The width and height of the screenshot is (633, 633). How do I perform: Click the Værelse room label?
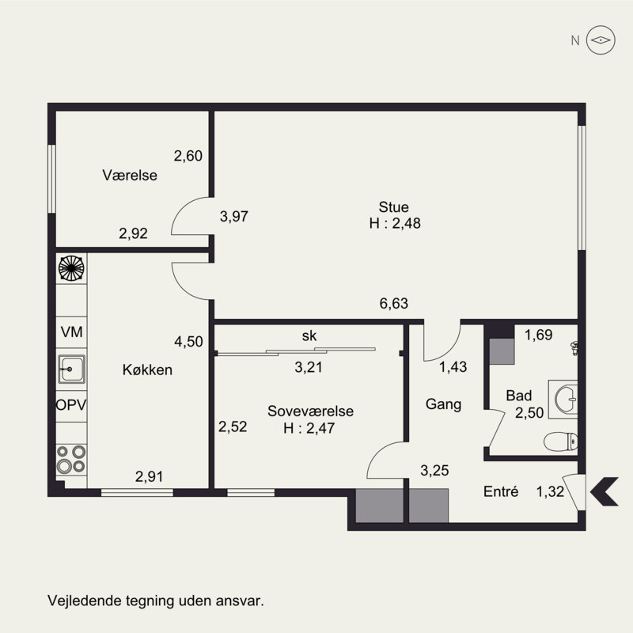[x=130, y=175]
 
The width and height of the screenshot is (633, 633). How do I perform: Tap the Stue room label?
[x=393, y=207]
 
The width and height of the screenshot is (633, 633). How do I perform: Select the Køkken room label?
[x=147, y=370]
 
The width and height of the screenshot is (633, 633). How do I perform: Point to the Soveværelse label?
[x=310, y=411]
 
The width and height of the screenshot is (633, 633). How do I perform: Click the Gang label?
[x=443, y=404]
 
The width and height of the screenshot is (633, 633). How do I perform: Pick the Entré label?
[x=501, y=491]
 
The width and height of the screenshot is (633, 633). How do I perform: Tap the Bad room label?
[x=519, y=396]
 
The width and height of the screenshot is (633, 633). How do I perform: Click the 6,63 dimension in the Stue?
[x=393, y=303]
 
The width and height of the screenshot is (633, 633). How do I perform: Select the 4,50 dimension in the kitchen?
[x=188, y=342]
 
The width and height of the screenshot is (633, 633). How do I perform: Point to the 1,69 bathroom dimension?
[x=538, y=335]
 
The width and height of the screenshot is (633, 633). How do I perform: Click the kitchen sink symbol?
[x=71, y=369]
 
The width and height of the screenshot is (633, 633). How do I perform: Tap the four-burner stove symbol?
[x=71, y=459]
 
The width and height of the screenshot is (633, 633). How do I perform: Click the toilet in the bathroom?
[x=560, y=442]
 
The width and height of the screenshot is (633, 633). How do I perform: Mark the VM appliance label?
[x=71, y=332]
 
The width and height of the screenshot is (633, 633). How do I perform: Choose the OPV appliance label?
[x=71, y=405]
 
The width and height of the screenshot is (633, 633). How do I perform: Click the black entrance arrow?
[x=604, y=491]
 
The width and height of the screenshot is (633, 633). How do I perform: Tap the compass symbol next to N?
[x=601, y=40]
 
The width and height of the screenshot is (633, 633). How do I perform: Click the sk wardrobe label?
[x=309, y=335]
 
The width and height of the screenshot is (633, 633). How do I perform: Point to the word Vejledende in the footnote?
[x=85, y=601]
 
